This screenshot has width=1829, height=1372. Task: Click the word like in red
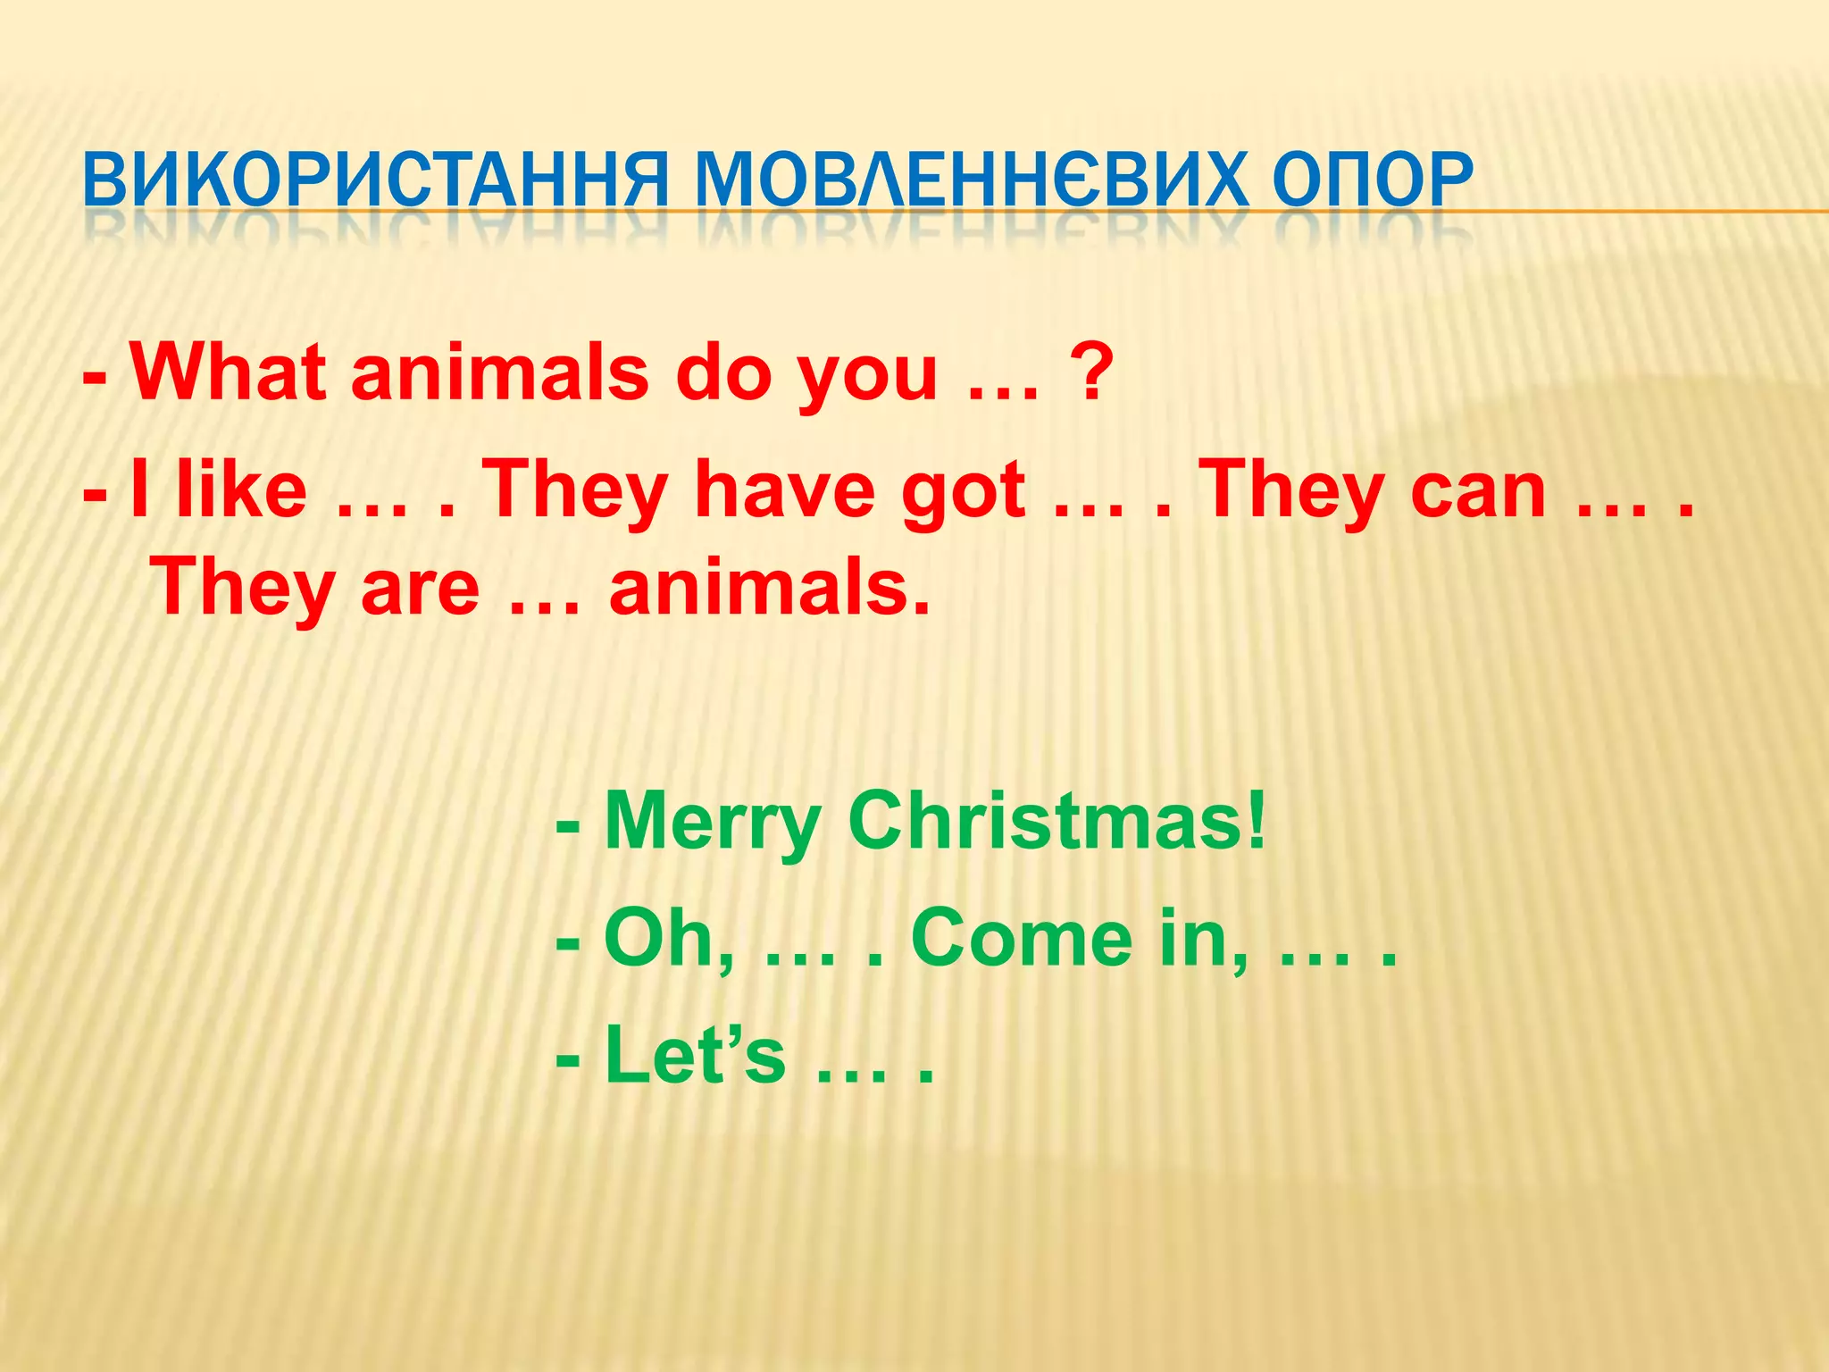pyautogui.click(x=241, y=489)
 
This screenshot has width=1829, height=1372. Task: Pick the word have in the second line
pyautogui.click(x=786, y=489)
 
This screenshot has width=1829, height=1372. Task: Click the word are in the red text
pyautogui.click(x=420, y=588)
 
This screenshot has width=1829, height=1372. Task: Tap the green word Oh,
pyautogui.click(x=670, y=938)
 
